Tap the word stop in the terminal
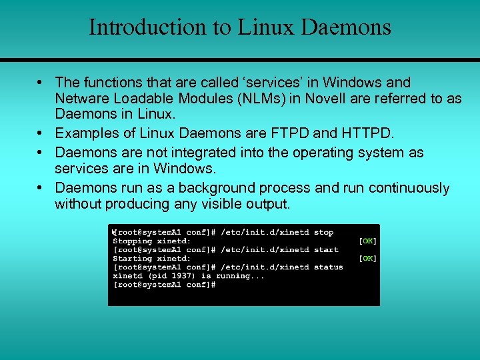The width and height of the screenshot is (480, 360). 324,232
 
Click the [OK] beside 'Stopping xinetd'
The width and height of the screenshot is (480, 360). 368,241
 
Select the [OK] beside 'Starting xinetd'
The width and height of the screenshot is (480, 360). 368,258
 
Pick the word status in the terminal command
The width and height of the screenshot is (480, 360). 329,267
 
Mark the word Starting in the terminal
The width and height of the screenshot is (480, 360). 132,258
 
